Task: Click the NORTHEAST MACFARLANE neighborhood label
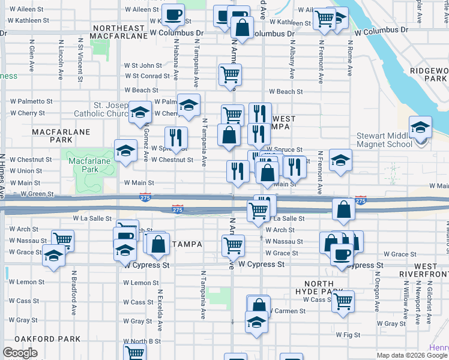tap(118, 32)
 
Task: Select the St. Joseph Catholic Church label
tap(102, 109)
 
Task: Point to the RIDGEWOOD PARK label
tap(430, 74)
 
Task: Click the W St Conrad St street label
tap(147, 76)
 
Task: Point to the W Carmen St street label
tap(286, 311)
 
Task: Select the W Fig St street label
tap(348, 335)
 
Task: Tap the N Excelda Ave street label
tap(160, 311)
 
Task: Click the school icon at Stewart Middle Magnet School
tap(420, 127)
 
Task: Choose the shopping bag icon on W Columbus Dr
tap(241, 27)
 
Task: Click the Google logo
tap(20, 353)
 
